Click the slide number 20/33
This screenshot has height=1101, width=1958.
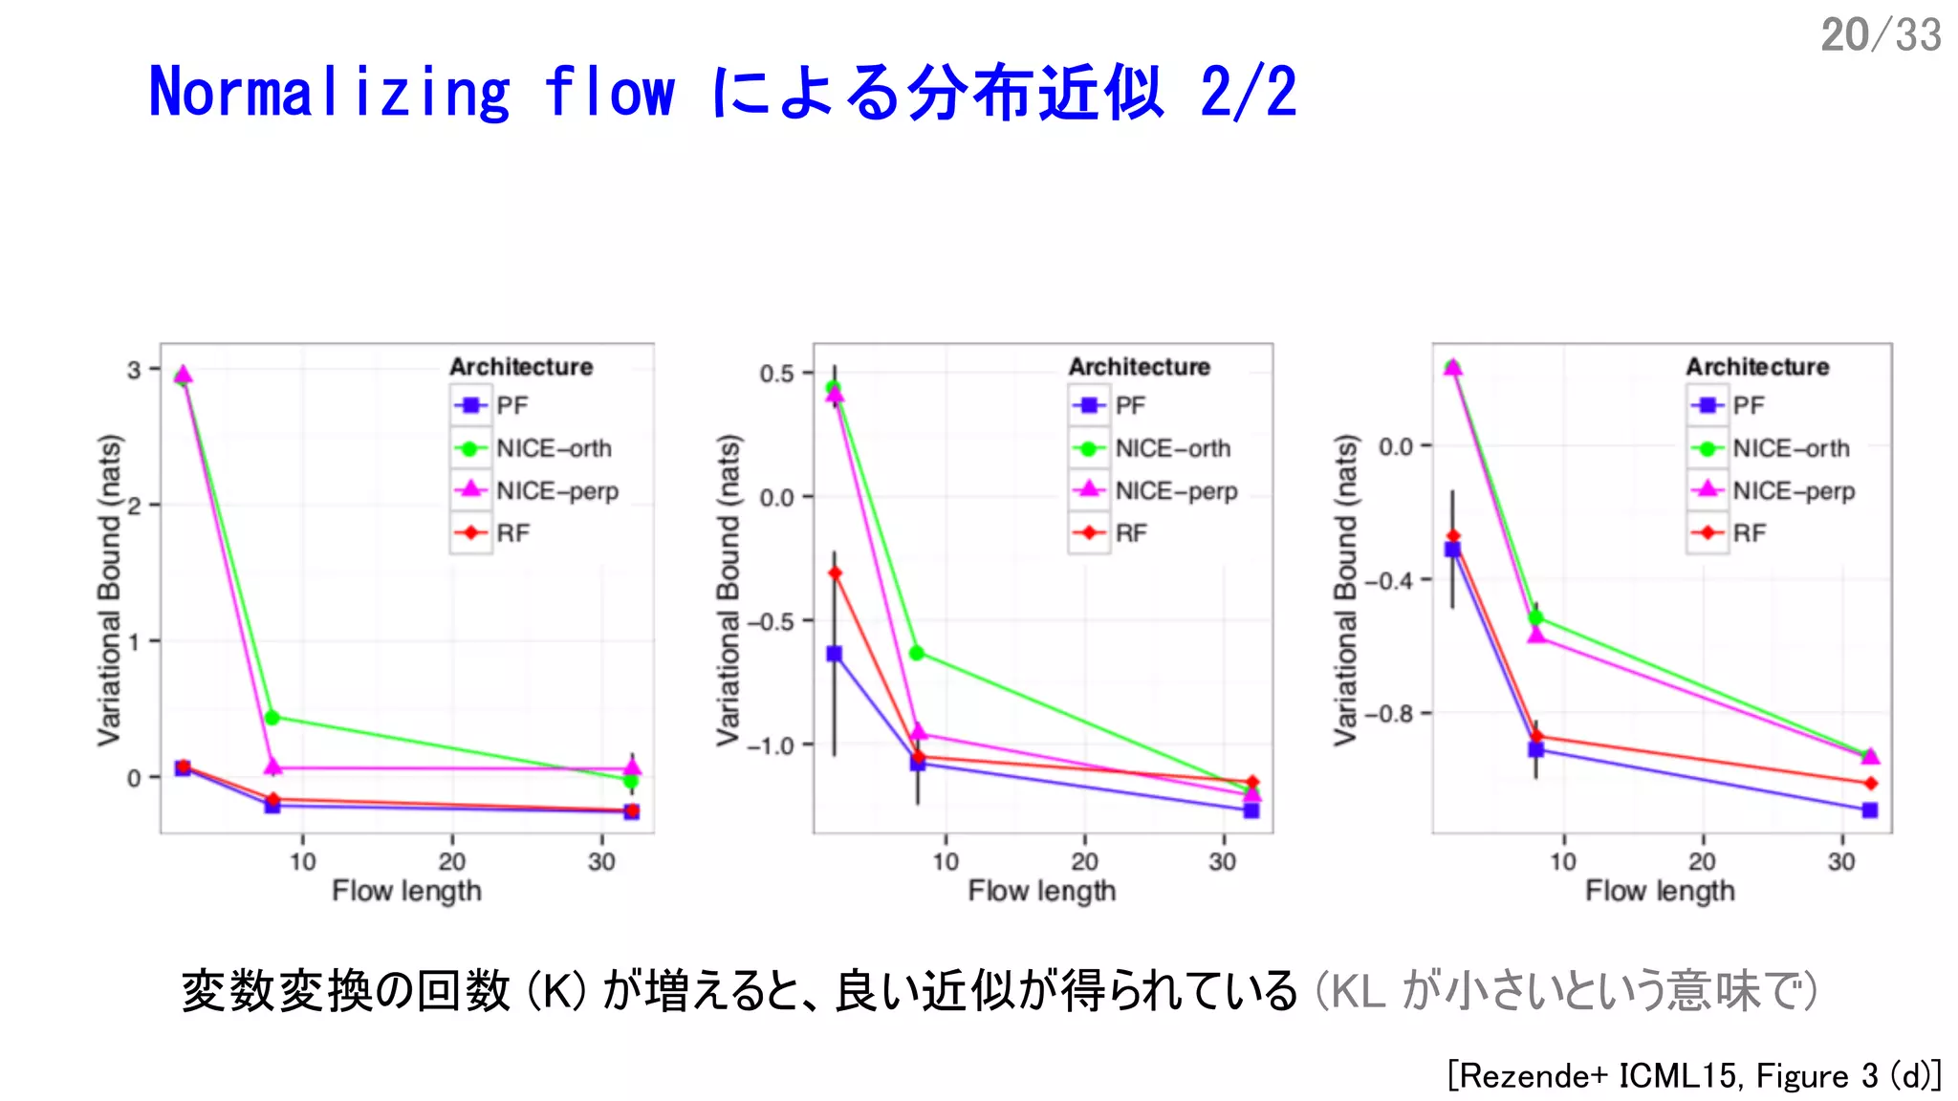pyautogui.click(x=1880, y=35)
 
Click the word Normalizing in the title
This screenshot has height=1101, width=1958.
pyautogui.click(x=329, y=93)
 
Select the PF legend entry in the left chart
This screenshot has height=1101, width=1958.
pyautogui.click(x=511, y=405)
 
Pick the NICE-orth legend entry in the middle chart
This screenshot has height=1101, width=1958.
pyautogui.click(x=1172, y=448)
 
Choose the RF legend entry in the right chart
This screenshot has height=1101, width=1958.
pyautogui.click(x=1749, y=533)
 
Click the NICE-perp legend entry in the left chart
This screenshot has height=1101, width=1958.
pyautogui.click(x=556, y=491)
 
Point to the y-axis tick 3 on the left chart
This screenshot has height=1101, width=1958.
pyautogui.click(x=134, y=370)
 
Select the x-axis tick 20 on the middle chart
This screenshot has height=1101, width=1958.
pyautogui.click(x=1084, y=862)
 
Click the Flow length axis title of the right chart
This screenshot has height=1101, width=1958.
pyautogui.click(x=1660, y=891)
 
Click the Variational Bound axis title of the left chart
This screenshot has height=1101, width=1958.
pyautogui.click(x=110, y=590)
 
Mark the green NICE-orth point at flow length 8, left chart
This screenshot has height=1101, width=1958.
pyautogui.click(x=272, y=718)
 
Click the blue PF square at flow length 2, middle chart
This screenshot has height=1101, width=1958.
pyautogui.click(x=835, y=654)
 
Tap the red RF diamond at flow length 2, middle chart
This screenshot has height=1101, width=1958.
pyautogui.click(x=835, y=573)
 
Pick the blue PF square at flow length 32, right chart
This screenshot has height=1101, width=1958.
pyautogui.click(x=1870, y=810)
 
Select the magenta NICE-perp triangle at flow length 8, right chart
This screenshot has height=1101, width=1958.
pyautogui.click(x=1536, y=635)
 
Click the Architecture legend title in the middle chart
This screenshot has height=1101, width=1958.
pyautogui.click(x=1139, y=367)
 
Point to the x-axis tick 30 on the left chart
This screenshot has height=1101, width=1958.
pyautogui.click(x=601, y=862)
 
